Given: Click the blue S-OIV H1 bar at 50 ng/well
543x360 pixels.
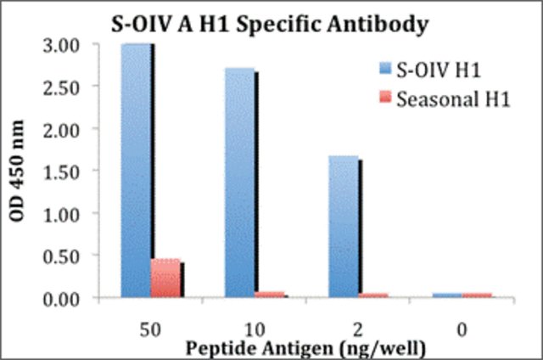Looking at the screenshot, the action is (x=136, y=170).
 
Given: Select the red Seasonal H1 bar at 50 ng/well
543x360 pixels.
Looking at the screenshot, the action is (x=165, y=278).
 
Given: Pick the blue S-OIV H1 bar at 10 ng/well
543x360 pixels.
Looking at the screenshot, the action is (x=239, y=183).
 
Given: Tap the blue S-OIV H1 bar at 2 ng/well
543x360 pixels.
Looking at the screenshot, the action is (x=344, y=227).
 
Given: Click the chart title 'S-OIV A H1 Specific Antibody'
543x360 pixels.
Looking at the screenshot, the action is (x=270, y=25).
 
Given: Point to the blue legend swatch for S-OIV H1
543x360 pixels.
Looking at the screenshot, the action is (x=385, y=68).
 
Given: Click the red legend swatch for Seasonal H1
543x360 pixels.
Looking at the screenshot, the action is (x=385, y=97).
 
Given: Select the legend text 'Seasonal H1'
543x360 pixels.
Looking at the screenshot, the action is (x=453, y=99).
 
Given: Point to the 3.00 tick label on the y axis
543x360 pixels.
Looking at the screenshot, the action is (x=66, y=46).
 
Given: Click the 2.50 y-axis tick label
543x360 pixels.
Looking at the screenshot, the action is (x=66, y=88).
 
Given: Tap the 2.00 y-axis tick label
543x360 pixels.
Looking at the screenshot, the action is (x=66, y=130).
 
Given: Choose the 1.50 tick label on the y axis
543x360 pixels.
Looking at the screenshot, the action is (x=66, y=172).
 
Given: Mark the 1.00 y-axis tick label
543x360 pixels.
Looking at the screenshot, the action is (x=66, y=215).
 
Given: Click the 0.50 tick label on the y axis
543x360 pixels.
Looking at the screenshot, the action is (x=66, y=257).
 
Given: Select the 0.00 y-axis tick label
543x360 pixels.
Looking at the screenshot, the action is (x=66, y=300).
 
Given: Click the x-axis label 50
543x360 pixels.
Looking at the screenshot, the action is (x=150, y=329).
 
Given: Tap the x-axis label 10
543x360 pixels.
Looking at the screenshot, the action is (x=255, y=329).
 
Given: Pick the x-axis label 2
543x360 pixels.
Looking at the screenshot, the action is (x=358, y=329).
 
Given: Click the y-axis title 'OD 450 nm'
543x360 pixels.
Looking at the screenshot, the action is (x=17, y=171).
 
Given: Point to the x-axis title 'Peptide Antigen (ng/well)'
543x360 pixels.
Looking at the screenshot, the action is (x=305, y=349).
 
